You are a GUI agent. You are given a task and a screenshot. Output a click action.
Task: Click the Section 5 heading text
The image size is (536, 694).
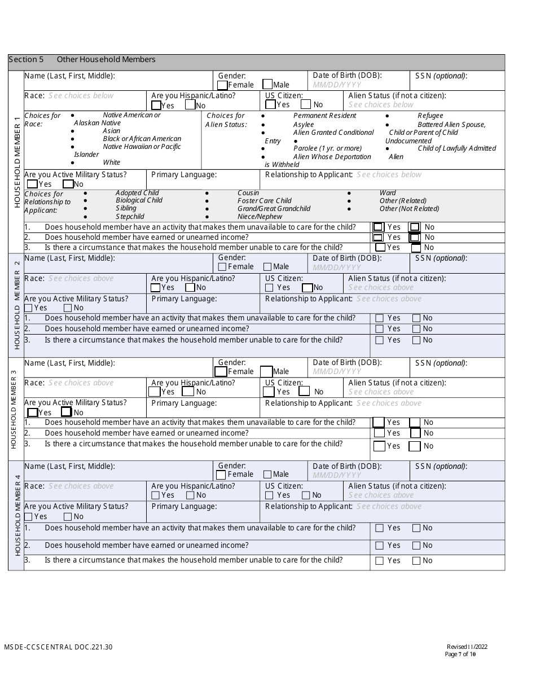tap(82, 60)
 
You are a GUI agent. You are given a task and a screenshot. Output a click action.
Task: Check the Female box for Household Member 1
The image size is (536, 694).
tap(222, 85)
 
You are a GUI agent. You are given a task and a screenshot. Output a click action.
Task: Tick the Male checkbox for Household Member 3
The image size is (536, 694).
tap(266, 371)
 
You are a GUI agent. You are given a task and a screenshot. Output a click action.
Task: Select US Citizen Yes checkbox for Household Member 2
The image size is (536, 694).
tap(270, 288)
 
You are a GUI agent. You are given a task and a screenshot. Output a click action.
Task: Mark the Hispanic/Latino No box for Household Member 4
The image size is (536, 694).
tap(190, 495)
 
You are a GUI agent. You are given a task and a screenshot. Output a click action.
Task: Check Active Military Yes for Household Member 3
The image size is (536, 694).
tap(33, 412)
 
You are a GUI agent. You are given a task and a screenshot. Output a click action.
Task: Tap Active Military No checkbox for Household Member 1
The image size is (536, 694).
tap(68, 184)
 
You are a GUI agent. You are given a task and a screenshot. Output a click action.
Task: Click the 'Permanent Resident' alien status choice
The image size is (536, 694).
tap(324, 116)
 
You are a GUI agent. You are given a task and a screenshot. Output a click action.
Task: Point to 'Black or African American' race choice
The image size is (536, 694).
tap(142, 139)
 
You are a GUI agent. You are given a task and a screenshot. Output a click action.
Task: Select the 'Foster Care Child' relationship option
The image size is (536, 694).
tap(264, 201)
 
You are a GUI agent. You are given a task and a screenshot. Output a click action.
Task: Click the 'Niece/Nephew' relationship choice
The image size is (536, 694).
tap(260, 217)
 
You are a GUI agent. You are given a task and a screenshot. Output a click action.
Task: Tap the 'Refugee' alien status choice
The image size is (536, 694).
tap(430, 116)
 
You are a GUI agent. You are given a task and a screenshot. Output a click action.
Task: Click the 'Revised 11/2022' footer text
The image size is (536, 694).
tap(461, 647)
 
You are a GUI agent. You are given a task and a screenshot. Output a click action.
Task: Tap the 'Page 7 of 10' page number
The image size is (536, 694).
tap(460, 655)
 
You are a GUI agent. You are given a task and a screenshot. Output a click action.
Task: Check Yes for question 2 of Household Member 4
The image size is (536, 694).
tap(379, 546)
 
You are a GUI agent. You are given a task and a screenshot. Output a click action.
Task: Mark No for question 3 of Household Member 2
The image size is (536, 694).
tap(416, 340)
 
